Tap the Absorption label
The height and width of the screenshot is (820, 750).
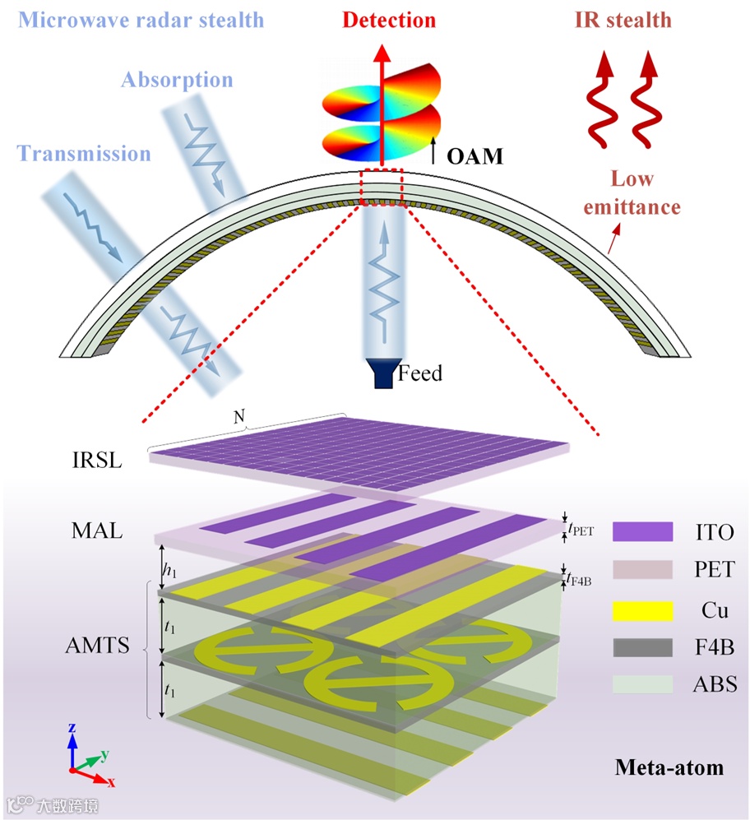(x=177, y=80)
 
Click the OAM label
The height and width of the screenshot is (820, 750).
(x=475, y=155)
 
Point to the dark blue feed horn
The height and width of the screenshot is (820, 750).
(x=382, y=373)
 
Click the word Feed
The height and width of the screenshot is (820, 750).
(x=420, y=373)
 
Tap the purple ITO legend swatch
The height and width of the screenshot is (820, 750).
(x=642, y=531)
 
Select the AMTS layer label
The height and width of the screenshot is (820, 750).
(x=97, y=646)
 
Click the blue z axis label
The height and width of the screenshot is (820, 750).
(x=72, y=729)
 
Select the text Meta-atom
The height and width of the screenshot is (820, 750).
(x=669, y=768)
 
